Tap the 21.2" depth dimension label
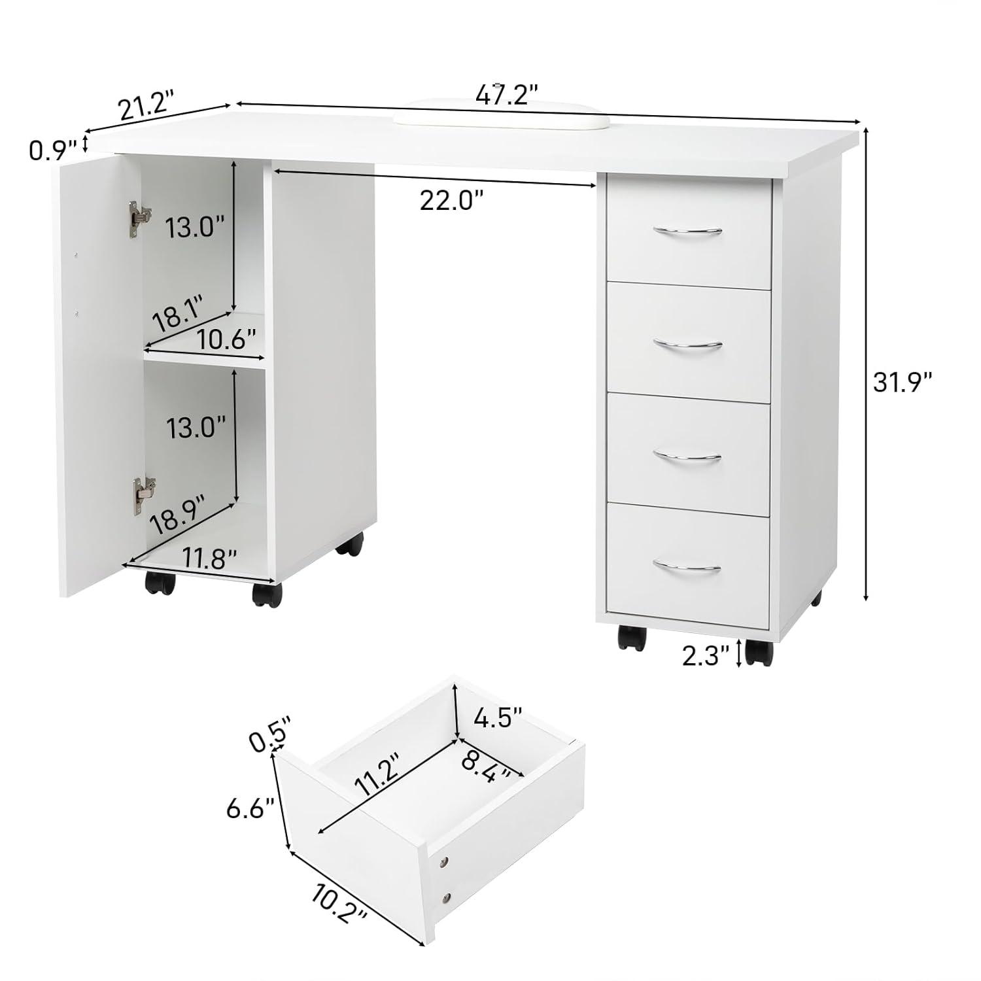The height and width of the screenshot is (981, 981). click(x=147, y=105)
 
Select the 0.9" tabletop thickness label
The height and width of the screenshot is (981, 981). click(x=53, y=150)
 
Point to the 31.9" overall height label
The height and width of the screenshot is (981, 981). click(x=903, y=382)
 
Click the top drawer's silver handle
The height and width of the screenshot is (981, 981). click(x=687, y=230)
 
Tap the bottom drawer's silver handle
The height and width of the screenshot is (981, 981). click(x=687, y=566)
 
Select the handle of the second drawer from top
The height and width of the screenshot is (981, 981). click(x=687, y=344)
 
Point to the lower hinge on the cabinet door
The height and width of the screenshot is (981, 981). click(x=143, y=495)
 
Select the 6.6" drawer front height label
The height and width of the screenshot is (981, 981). click(x=249, y=810)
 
